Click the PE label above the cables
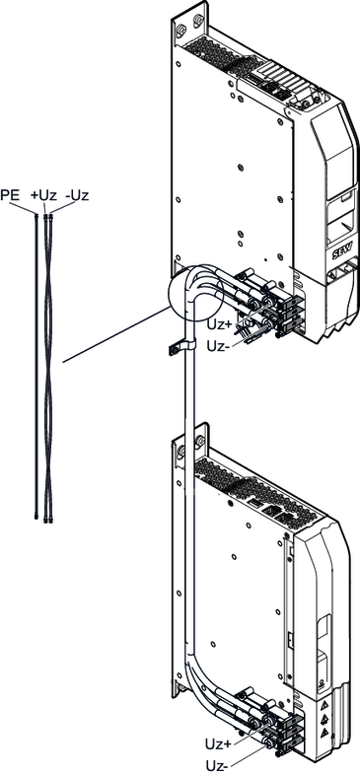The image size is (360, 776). [11, 195]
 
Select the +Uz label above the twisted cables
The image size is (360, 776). [44, 195]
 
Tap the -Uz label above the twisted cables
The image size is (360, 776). [77, 195]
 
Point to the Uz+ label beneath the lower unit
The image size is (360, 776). [217, 743]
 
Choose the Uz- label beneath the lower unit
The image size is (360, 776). [217, 766]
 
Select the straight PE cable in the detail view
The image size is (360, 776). [36, 366]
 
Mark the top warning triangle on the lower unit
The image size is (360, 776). [324, 703]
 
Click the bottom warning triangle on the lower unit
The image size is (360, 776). [324, 732]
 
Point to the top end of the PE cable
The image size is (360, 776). [36, 214]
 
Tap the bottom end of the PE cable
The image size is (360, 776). [36, 518]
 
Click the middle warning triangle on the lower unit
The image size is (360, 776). [324, 717]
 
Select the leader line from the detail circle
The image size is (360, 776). [116, 335]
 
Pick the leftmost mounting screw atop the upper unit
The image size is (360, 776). [180, 29]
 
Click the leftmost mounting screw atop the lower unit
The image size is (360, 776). [181, 451]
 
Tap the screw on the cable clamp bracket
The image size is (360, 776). [172, 350]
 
